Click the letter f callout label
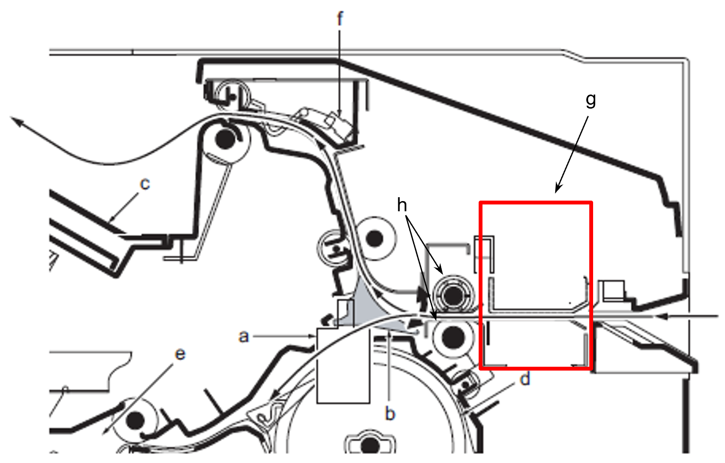point(340,19)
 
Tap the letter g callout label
point(591,100)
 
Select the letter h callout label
point(402,205)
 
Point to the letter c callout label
point(145,184)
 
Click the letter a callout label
point(243,336)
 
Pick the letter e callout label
point(180,354)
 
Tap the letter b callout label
point(390,414)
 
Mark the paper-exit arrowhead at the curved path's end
point(15,121)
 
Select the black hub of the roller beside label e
point(136,420)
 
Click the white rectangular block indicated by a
point(343,366)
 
